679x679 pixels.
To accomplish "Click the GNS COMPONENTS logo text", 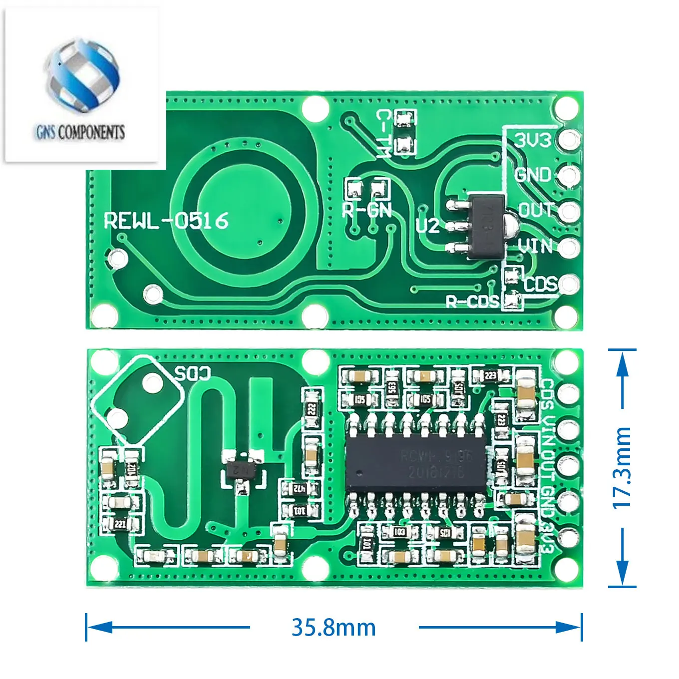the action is [x=80, y=132].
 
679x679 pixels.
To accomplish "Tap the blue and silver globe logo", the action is [x=82, y=75].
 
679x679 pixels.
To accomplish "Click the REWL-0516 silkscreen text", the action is [x=166, y=220].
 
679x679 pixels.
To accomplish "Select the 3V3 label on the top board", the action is [x=533, y=140].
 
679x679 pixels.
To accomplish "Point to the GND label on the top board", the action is [x=533, y=175].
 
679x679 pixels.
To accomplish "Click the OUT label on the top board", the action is [x=536, y=210].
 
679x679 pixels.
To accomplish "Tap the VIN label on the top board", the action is [x=535, y=246].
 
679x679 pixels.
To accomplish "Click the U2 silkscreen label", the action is [x=427, y=226].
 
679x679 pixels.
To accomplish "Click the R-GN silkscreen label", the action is [x=367, y=210].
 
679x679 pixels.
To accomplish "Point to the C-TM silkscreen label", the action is [x=383, y=134].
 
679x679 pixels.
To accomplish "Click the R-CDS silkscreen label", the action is [x=472, y=301].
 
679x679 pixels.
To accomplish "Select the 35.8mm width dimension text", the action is [x=334, y=628].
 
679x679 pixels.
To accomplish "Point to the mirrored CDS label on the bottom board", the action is [x=192, y=373].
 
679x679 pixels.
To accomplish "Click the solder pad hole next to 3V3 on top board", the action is [x=569, y=139].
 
